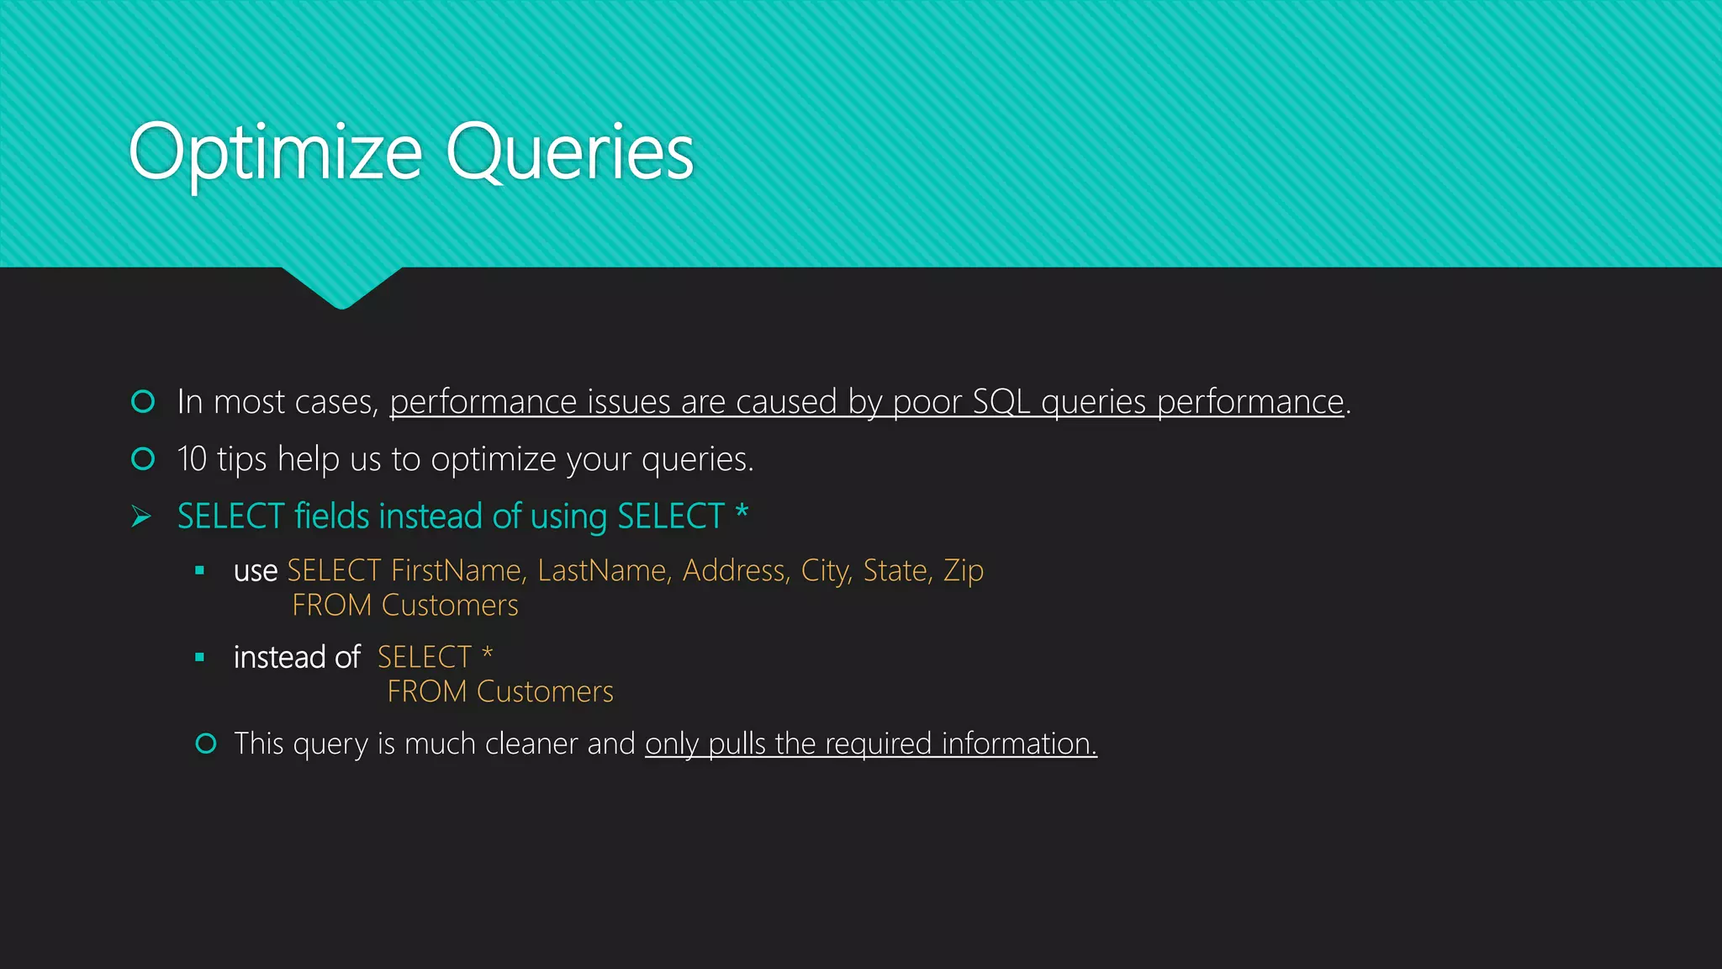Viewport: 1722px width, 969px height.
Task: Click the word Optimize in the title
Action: point(275,153)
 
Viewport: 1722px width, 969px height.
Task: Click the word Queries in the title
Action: point(569,153)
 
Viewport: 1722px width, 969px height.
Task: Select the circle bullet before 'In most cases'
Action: point(143,402)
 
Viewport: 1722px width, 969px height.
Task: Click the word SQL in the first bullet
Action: point(1001,402)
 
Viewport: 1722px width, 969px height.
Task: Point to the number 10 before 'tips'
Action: point(192,459)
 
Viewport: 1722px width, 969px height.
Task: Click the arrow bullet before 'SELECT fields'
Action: point(141,516)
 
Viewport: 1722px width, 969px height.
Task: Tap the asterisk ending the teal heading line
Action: point(742,511)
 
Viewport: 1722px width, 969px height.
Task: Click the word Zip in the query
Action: point(964,571)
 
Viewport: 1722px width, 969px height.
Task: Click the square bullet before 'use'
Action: point(199,571)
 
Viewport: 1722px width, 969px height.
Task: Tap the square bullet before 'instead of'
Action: point(199,657)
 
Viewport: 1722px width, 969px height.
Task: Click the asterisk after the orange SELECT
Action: point(487,654)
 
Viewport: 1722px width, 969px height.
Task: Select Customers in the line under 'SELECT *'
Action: point(545,692)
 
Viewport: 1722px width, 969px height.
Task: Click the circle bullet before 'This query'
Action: point(206,744)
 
